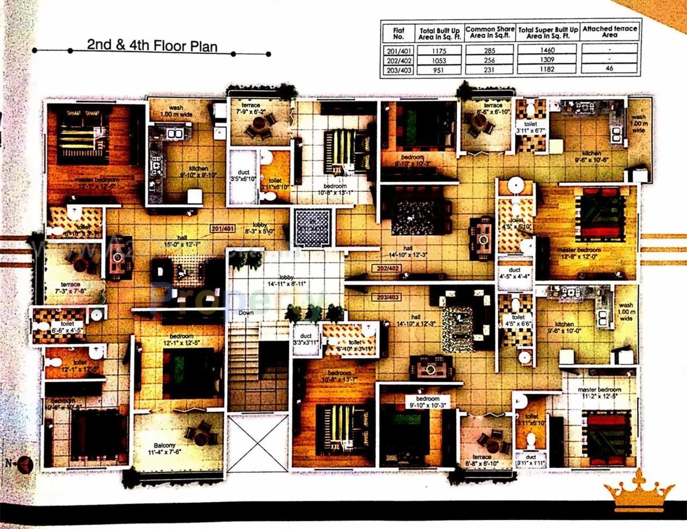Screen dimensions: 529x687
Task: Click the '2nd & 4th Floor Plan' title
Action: pyautogui.click(x=152, y=45)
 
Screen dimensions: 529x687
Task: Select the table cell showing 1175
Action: pyautogui.click(x=438, y=50)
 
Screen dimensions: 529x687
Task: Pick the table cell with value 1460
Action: pyautogui.click(x=547, y=50)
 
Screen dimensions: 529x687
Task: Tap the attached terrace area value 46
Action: pyautogui.click(x=609, y=69)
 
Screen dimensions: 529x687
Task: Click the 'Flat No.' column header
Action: pyautogui.click(x=398, y=33)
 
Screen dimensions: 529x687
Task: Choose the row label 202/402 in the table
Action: pyautogui.click(x=398, y=60)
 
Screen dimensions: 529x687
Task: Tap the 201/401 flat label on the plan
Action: pyautogui.click(x=223, y=228)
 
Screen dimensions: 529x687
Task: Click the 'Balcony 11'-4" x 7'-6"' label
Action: pyautogui.click(x=164, y=449)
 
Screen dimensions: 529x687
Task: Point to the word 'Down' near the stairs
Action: pyautogui.click(x=246, y=313)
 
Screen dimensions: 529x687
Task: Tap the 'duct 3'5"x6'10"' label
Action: pyautogui.click(x=244, y=175)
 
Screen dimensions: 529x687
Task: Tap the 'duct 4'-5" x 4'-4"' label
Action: pyautogui.click(x=515, y=274)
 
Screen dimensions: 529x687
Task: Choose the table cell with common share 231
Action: pyautogui.click(x=489, y=70)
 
